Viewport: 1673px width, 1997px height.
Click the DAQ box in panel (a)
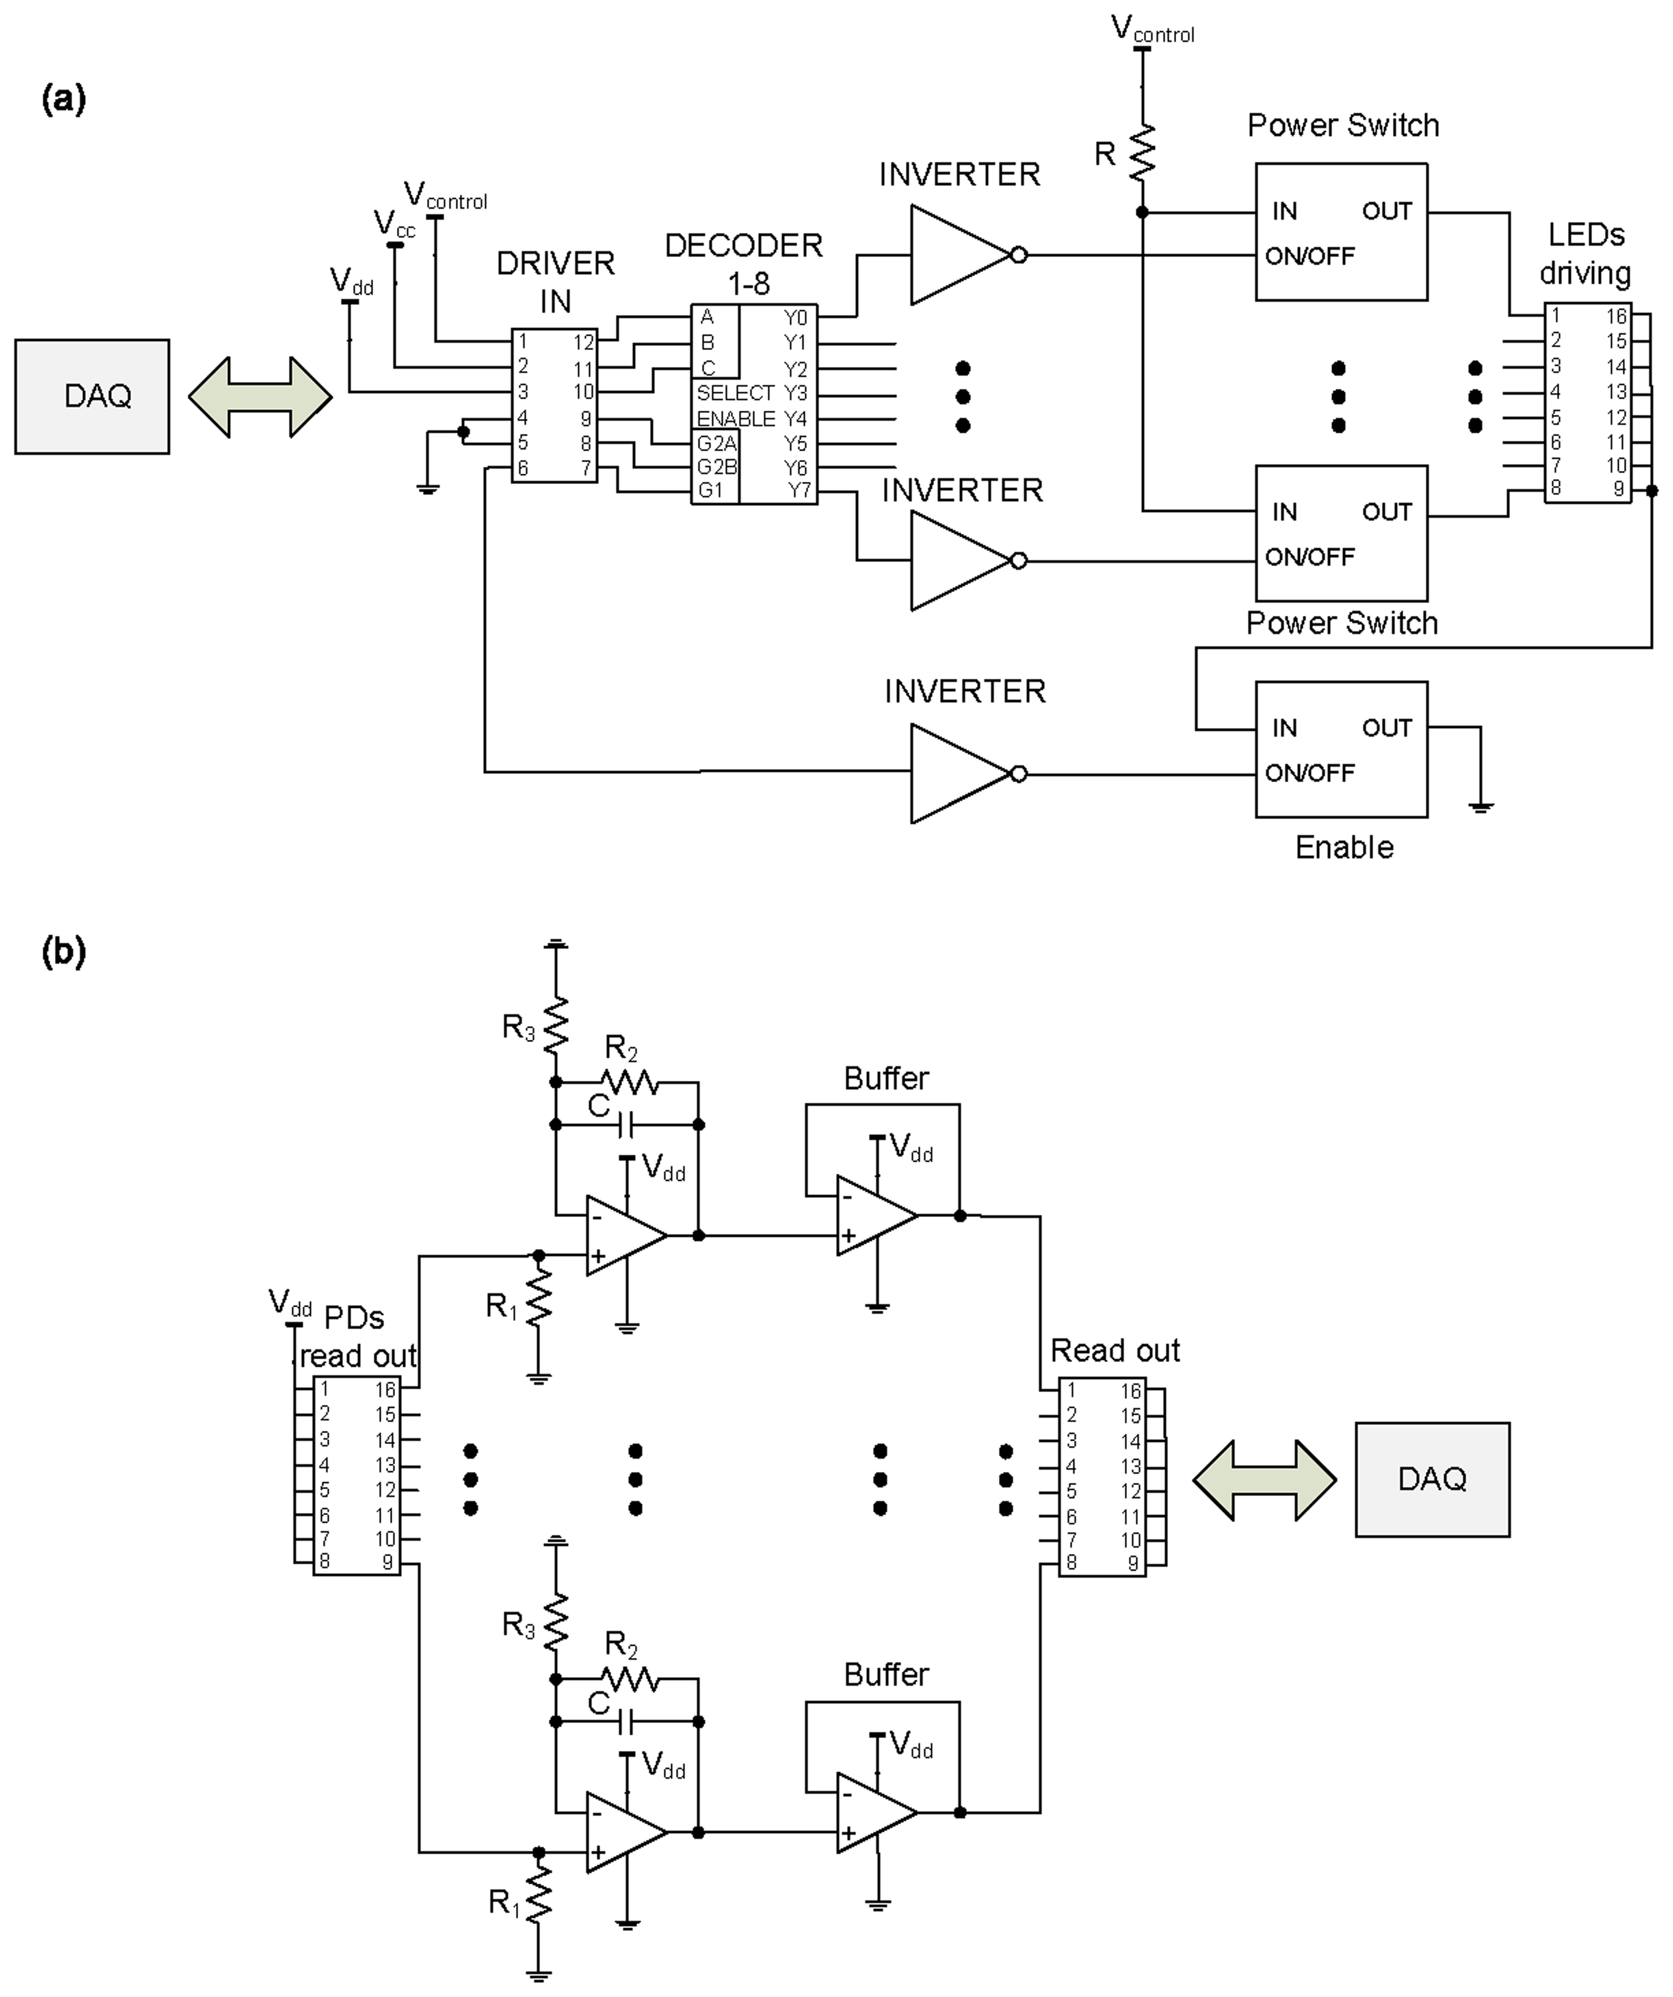[92, 397]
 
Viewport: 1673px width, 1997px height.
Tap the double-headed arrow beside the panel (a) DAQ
[260, 397]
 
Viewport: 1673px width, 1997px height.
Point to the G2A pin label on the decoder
[716, 443]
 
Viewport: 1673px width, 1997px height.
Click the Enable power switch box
[1341, 749]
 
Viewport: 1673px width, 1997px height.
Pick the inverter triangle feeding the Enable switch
[956, 773]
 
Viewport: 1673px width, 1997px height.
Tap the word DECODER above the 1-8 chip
[743, 246]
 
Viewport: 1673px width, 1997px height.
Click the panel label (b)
[63, 951]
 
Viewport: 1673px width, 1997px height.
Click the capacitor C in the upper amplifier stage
[625, 1125]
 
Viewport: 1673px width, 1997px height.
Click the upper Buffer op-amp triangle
[873, 1215]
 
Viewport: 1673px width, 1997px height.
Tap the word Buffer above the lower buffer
[886, 1674]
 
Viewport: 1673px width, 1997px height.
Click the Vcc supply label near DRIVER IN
[394, 224]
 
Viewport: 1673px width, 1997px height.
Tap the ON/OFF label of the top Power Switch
[1309, 256]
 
